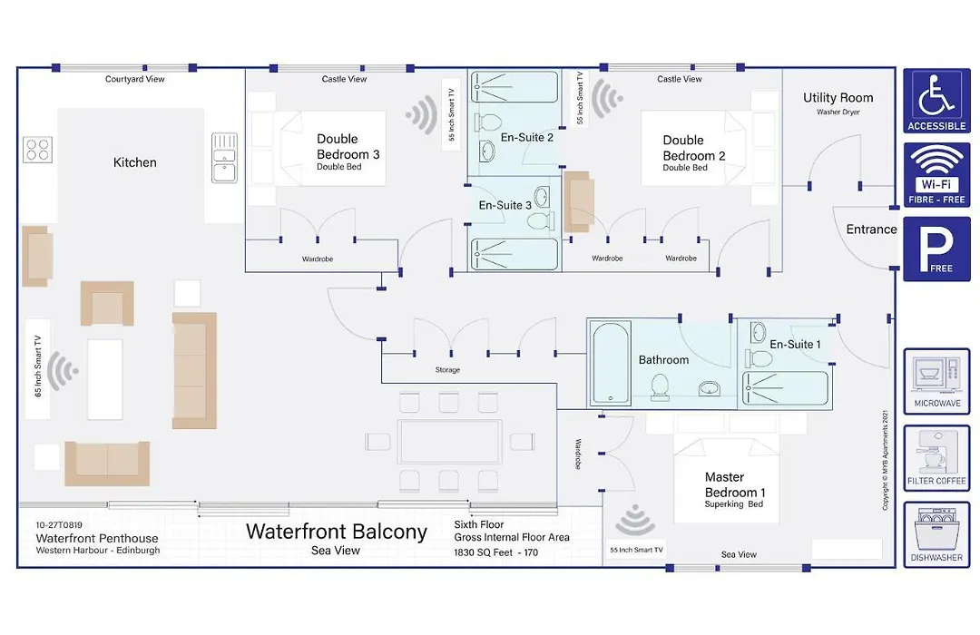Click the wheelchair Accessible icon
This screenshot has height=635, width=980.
pos(936,101)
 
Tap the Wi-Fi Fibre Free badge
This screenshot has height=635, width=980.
pos(936,174)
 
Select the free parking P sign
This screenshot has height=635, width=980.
pos(936,249)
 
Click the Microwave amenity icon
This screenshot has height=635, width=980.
pos(936,381)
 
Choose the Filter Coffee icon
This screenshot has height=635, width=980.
pos(936,458)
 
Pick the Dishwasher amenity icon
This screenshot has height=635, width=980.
pos(936,535)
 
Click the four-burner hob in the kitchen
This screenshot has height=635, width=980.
pos(37,150)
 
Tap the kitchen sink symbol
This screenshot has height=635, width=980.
pos(224,158)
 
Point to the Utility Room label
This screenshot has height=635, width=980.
pos(838,97)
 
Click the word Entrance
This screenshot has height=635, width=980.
pos(871,230)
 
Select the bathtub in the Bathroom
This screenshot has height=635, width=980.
pos(611,363)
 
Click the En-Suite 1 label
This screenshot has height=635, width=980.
pos(795,345)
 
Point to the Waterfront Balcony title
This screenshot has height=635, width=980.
pos(337,532)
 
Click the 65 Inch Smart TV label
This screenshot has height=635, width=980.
pos(37,366)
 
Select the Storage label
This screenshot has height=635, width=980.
pos(447,370)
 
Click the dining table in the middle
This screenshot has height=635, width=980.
pos(449,442)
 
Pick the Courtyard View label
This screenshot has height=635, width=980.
pos(135,80)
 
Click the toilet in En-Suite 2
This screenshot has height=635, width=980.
pos(489,122)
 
